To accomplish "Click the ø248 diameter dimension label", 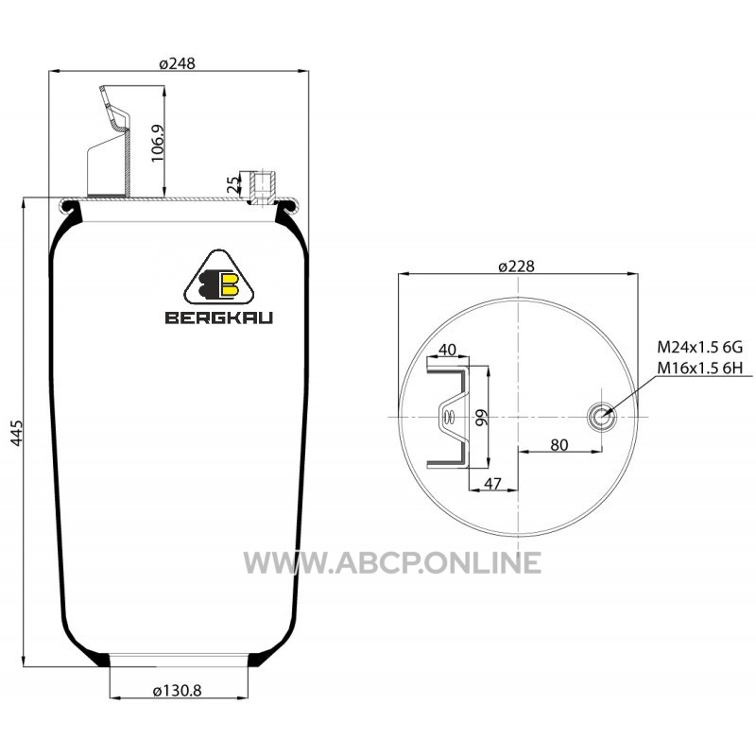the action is tap(177, 63).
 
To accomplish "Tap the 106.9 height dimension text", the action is tap(158, 144).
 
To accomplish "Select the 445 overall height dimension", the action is tap(16, 433).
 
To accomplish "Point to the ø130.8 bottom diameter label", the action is tap(177, 691).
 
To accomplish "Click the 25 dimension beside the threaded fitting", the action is tap(232, 184).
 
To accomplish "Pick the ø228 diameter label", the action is tap(516, 266).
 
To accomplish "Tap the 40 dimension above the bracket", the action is tap(447, 349).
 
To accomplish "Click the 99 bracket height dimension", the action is tap(481, 418).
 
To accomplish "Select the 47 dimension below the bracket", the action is tap(492, 483).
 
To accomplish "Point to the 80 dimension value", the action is tap(558, 444).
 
